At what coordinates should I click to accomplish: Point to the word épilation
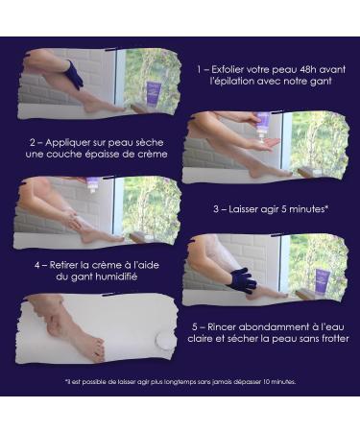click(x=228, y=82)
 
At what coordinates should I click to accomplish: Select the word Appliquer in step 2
click(x=64, y=143)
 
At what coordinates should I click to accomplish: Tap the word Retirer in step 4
click(x=64, y=265)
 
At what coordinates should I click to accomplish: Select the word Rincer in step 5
click(x=222, y=327)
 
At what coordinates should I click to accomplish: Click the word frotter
click(x=335, y=339)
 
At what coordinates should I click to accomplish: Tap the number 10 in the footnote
click(x=267, y=382)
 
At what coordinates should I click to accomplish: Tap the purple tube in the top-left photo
click(x=154, y=92)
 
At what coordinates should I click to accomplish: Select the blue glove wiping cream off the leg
click(x=243, y=279)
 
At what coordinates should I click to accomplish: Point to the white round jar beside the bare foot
click(x=164, y=340)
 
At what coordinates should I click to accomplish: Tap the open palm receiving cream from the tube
click(x=266, y=144)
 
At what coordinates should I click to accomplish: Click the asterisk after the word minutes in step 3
click(x=326, y=207)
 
